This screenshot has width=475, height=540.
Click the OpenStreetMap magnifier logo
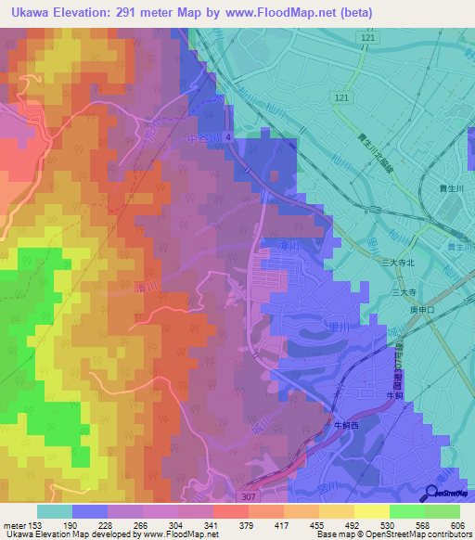(x=432, y=494)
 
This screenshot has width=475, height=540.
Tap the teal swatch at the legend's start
(x=54, y=511)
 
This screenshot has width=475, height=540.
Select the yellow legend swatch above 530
(x=371, y=511)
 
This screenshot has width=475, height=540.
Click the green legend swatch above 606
(x=443, y=511)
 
